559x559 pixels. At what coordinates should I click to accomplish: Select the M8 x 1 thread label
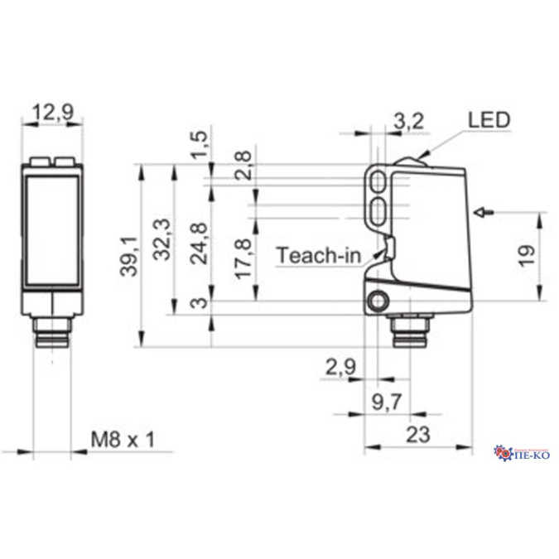(123, 440)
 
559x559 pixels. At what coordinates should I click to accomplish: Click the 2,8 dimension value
(243, 166)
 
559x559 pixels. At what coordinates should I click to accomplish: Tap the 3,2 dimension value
(407, 122)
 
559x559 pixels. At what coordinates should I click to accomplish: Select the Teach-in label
(319, 255)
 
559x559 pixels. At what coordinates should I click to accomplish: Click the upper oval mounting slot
(382, 181)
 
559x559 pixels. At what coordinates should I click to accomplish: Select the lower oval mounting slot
(382, 207)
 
